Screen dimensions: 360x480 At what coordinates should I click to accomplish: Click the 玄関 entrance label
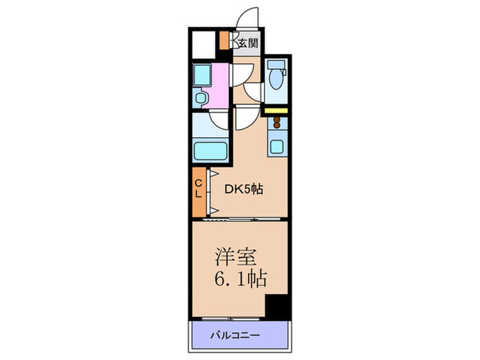click(248, 43)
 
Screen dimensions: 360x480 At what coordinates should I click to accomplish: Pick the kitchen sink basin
click(276, 146)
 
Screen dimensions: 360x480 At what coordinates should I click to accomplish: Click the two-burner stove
click(276, 123)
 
